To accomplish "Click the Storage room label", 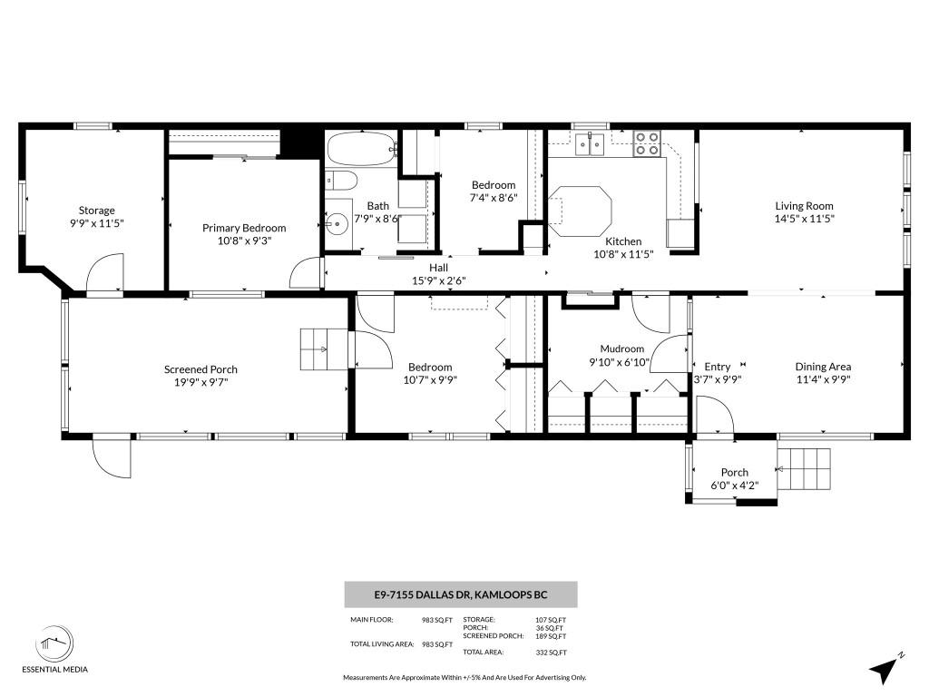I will (x=96, y=211).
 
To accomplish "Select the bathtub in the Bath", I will (x=362, y=149).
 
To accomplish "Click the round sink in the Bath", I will (x=337, y=223).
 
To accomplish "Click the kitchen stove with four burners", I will (x=647, y=143).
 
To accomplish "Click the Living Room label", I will (x=803, y=206).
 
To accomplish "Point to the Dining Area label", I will (x=823, y=367).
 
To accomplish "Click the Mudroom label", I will (x=621, y=348).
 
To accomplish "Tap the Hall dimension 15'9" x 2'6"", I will (x=439, y=280).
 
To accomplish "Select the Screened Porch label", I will (x=200, y=369).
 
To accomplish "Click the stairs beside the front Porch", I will (x=805, y=469).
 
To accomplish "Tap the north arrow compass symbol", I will (x=885, y=669).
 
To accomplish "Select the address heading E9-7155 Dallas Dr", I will (x=461, y=595).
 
